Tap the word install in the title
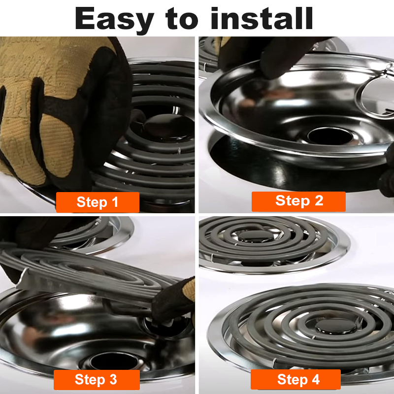(262, 18)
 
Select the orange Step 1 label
(98, 202)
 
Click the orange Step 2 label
(298, 201)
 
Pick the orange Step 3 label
(97, 379)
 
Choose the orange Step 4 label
(296, 379)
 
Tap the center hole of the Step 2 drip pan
(330, 136)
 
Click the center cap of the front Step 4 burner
(335, 326)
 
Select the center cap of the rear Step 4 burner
(256, 236)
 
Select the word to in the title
(182, 19)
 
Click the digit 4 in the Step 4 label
(316, 379)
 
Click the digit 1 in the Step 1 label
(115, 202)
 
